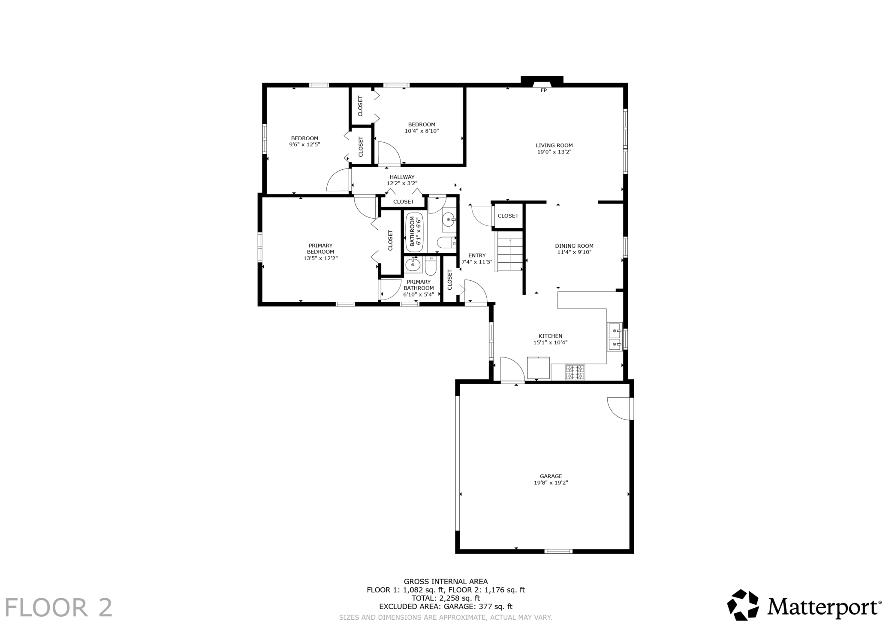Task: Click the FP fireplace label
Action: pos(543,90)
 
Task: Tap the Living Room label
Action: pos(554,145)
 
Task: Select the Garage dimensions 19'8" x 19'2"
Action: pos(551,483)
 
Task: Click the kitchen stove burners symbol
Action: pos(575,372)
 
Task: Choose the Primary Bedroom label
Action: pos(320,249)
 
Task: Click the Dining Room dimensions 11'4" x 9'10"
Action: pos(574,252)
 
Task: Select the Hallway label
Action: pos(402,177)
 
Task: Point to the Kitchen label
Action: pos(550,336)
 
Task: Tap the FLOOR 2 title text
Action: pos(58,607)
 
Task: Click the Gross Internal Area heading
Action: pos(446,582)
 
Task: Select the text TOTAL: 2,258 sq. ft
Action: pos(446,598)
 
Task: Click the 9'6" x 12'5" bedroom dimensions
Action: pos(304,144)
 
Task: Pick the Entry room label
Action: pos(477,255)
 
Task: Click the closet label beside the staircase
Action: pos(508,216)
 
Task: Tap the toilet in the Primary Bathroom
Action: pos(431,266)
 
